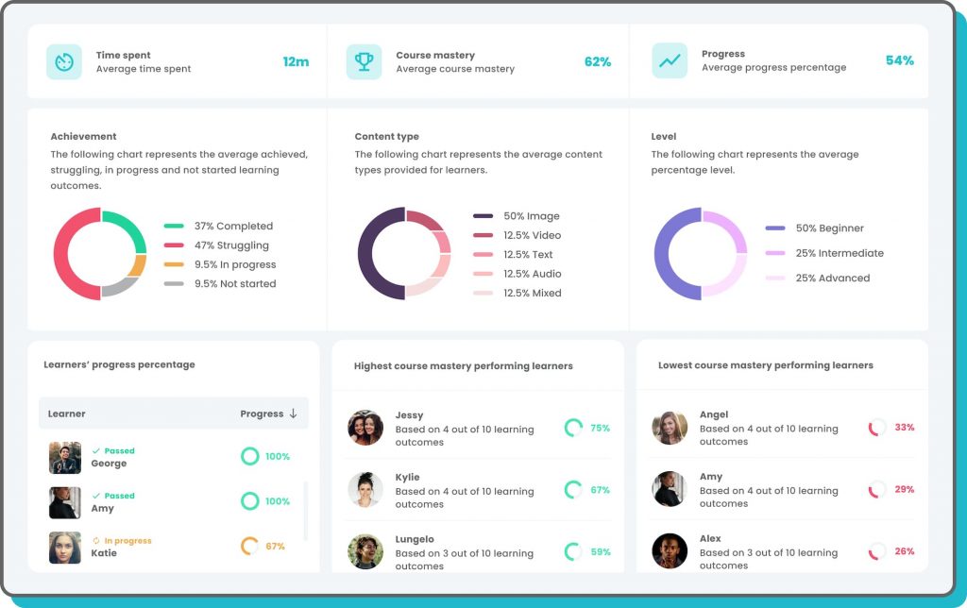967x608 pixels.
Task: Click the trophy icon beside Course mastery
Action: click(364, 62)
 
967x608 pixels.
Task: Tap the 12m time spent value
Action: click(296, 62)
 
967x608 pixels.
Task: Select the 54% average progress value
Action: click(899, 60)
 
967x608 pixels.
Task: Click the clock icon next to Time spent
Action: click(64, 62)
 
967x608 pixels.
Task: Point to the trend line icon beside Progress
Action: click(670, 60)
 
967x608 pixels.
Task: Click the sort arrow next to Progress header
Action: click(293, 414)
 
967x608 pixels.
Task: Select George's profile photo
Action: click(65, 458)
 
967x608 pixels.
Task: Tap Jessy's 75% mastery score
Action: click(600, 429)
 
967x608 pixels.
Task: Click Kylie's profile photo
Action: click(365, 490)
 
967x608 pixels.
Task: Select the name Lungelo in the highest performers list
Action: click(415, 539)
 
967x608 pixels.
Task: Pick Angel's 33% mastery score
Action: click(904, 428)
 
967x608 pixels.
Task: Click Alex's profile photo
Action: click(670, 550)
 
